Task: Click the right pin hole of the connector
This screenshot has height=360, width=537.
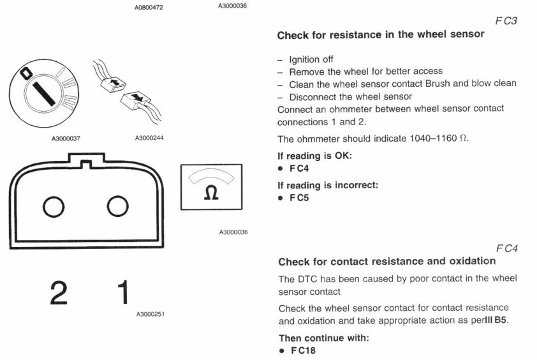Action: pos(118,206)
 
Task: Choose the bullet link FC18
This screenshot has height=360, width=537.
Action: pos(301,350)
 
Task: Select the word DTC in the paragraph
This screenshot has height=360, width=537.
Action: pos(308,278)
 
